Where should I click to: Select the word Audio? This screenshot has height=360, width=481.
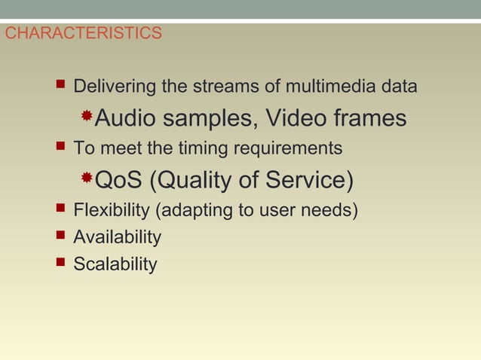125,118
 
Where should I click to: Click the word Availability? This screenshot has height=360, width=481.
117,238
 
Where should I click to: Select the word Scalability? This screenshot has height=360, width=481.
115,265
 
